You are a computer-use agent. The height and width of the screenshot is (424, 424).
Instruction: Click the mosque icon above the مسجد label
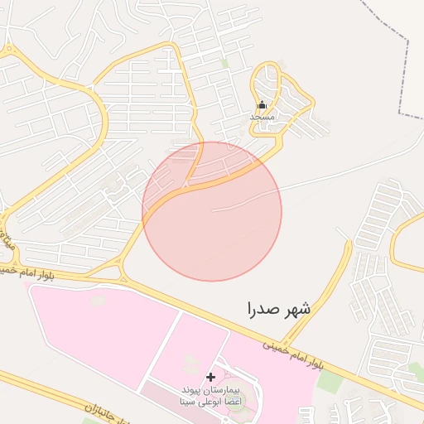point(262,105)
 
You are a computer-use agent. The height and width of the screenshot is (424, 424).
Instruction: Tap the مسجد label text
point(262,118)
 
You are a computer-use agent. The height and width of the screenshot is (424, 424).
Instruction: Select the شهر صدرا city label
point(279,310)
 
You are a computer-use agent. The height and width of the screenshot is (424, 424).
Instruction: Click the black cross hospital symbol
point(210,377)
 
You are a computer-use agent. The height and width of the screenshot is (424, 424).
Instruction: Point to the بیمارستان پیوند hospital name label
point(210,388)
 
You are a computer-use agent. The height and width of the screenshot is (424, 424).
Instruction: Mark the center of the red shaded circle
point(212,211)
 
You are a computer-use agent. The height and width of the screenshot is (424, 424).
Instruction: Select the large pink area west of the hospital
point(91,331)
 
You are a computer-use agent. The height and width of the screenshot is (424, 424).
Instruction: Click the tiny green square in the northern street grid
point(224,63)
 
